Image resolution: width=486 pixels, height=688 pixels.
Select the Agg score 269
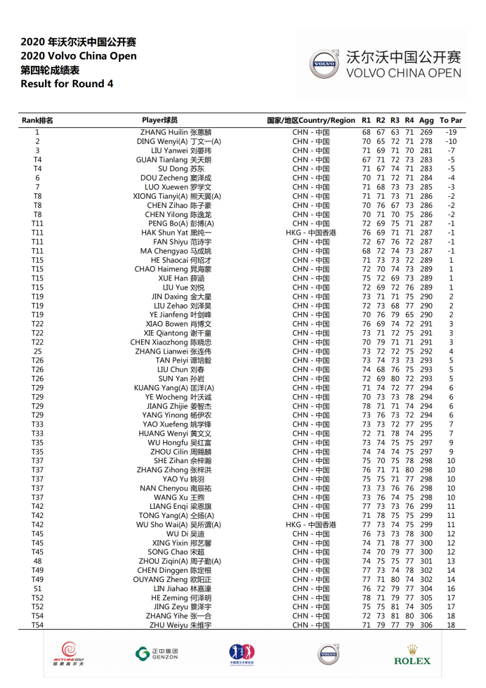point(426,132)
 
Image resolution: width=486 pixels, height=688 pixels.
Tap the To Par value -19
point(451,132)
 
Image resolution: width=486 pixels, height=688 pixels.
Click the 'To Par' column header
point(451,120)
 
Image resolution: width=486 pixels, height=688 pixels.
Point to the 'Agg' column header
point(426,120)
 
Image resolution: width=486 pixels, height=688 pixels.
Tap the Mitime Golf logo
point(68,654)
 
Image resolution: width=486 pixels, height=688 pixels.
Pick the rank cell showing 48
point(37,561)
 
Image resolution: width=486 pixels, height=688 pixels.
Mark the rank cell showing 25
point(37,351)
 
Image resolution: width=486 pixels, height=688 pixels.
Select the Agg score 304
point(426,588)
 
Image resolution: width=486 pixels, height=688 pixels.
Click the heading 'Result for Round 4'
point(67,84)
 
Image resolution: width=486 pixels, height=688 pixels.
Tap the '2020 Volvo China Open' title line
point(79,56)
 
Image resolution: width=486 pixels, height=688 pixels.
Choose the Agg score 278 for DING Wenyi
point(426,141)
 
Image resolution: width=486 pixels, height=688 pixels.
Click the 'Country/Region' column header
point(311,120)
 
